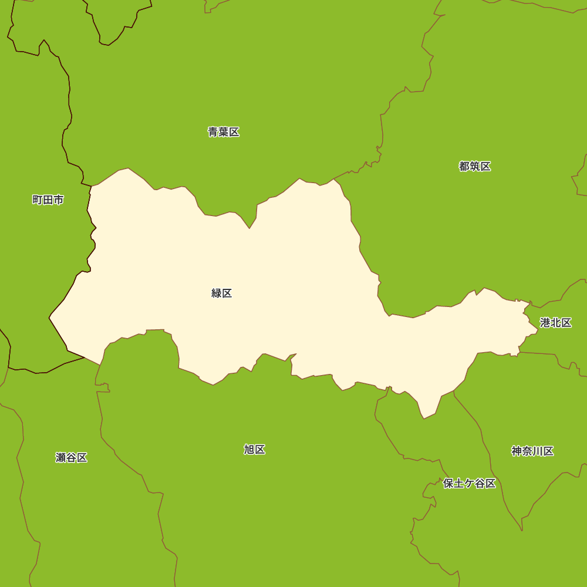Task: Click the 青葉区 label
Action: coord(224,132)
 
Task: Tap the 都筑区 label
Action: coord(475,166)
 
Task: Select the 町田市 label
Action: coord(48,200)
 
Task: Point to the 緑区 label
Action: coord(222,293)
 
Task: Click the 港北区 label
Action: coord(556,323)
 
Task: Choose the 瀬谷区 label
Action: coord(72,457)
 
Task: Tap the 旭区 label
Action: coord(255,450)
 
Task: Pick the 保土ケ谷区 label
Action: coord(470,484)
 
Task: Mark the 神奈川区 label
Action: coord(532,451)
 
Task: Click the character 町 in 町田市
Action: coord(38,200)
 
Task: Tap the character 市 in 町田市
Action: coord(59,200)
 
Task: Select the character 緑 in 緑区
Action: coord(217,293)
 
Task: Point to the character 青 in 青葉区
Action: coord(213,132)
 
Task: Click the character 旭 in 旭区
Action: coord(249,450)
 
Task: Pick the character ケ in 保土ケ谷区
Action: coord(470,484)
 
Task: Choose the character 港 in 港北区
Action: coord(545,323)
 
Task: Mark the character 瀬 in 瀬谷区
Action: coord(61,457)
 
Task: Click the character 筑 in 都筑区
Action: coord(475,166)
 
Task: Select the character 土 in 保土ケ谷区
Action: coord(459,484)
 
